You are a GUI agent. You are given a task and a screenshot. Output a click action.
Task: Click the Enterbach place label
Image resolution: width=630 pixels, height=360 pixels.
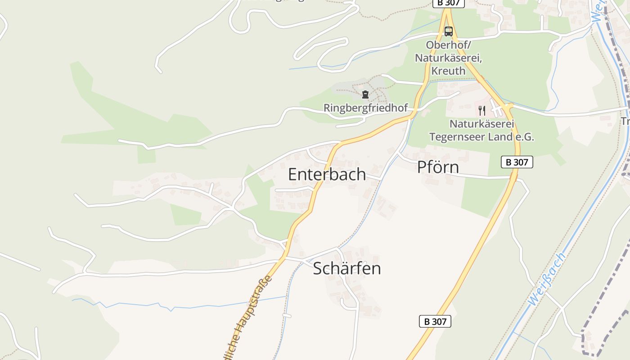[x=327, y=175]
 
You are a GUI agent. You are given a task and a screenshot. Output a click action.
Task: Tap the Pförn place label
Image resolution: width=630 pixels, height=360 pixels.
[x=438, y=167]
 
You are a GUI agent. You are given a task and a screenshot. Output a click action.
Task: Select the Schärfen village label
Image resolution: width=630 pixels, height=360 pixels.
[x=346, y=269]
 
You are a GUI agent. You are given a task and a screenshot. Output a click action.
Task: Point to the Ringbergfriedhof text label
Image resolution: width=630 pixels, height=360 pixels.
[x=365, y=108]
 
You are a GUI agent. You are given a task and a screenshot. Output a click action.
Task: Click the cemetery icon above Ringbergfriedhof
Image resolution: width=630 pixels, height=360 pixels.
[x=365, y=94]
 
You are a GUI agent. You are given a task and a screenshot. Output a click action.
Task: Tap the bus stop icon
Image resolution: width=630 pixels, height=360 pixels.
[x=448, y=31]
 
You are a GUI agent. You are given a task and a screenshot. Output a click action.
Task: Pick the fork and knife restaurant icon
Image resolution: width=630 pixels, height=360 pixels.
[x=481, y=110]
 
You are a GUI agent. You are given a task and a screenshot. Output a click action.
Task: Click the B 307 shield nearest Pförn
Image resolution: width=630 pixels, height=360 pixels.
[x=517, y=162]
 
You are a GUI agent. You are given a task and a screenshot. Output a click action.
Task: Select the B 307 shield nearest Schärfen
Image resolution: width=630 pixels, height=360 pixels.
[x=435, y=321]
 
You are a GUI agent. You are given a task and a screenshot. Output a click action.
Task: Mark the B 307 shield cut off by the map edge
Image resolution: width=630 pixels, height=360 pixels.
[x=448, y=3]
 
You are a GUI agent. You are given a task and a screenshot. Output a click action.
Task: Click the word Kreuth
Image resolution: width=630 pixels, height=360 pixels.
[x=448, y=71]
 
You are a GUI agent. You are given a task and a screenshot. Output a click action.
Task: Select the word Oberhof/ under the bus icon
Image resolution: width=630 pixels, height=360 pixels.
[x=448, y=45]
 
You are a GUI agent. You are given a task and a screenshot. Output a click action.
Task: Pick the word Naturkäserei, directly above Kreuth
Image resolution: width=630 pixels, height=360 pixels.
[x=448, y=58]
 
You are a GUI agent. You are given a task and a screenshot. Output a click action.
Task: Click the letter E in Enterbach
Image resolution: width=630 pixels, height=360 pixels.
[x=292, y=175]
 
